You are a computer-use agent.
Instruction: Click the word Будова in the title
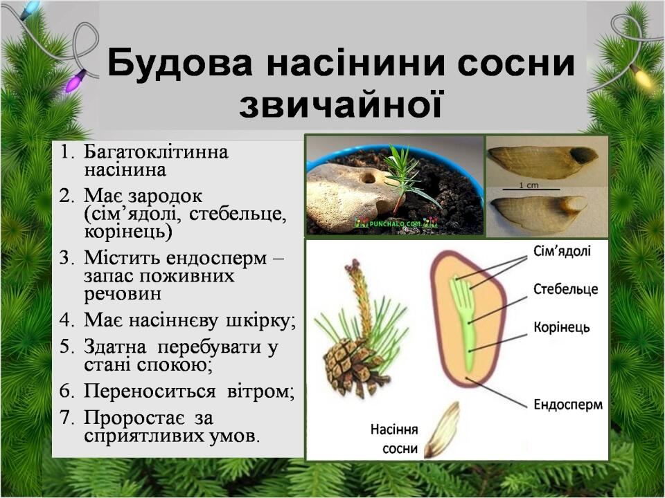pos(180,63)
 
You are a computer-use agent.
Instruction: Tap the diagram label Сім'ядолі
pos(562,252)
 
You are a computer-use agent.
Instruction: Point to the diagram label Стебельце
pos(565,289)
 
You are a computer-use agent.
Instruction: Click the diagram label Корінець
pos(562,327)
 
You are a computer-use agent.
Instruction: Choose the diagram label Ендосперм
pos(568,405)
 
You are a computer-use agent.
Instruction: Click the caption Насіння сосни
pos(394,439)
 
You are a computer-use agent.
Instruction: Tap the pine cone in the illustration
pos(353,367)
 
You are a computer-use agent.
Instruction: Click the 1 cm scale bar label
pos(529,185)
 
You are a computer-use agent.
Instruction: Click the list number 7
pos(66,418)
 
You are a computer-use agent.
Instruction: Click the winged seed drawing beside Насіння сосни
pos(443,430)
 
